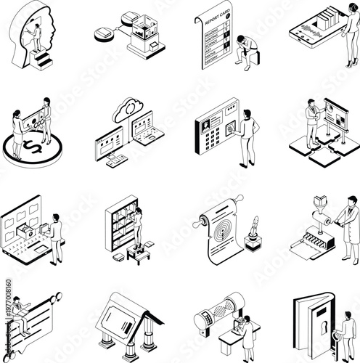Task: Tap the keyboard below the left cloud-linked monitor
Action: (116, 161)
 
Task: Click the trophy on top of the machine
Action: (321, 203)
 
